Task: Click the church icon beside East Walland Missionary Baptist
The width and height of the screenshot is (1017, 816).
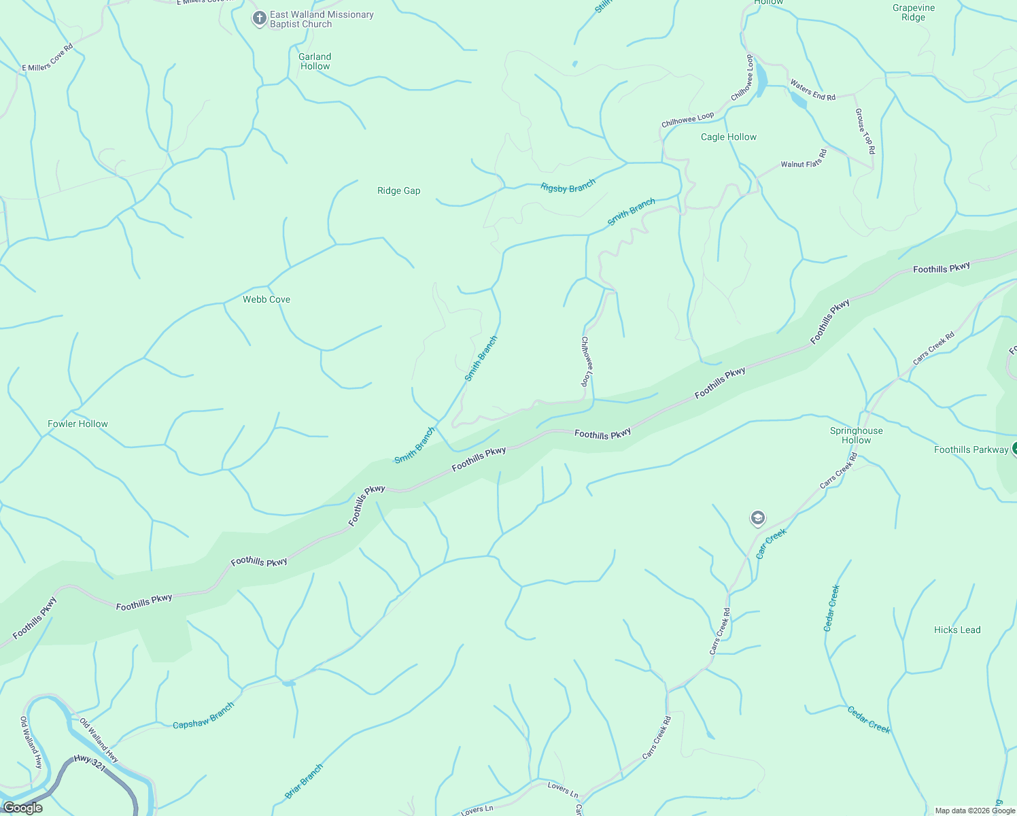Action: (x=259, y=18)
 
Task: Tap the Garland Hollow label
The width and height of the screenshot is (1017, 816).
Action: (x=315, y=61)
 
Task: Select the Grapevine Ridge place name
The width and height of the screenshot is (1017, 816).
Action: (x=914, y=13)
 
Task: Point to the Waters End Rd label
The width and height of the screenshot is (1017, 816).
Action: (x=812, y=90)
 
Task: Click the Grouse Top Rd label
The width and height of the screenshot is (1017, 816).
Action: (x=865, y=131)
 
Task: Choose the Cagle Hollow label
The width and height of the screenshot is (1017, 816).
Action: (x=728, y=137)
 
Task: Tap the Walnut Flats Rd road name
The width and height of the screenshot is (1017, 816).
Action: (x=804, y=159)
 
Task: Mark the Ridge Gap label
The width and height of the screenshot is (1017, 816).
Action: (x=398, y=190)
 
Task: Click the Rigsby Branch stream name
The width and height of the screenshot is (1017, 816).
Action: (x=568, y=185)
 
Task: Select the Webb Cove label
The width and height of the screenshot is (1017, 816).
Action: (x=266, y=299)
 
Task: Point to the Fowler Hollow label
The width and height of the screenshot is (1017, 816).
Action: (x=77, y=424)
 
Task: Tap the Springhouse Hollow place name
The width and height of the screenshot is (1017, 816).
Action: (x=856, y=435)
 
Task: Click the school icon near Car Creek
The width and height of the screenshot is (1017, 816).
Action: (x=757, y=519)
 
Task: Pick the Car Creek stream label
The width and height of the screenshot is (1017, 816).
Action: (x=771, y=543)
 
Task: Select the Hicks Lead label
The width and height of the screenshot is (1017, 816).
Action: (x=956, y=630)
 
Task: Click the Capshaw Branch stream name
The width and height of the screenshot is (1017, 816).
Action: (x=203, y=715)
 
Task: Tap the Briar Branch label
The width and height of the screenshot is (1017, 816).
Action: (x=304, y=781)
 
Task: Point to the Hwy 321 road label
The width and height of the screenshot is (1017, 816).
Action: (x=90, y=762)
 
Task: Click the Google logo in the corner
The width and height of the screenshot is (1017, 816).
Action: (x=22, y=808)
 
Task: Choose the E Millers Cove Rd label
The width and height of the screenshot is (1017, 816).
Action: (x=47, y=58)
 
